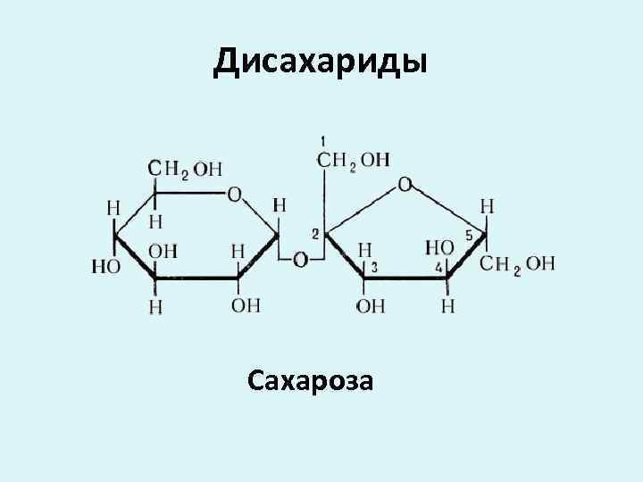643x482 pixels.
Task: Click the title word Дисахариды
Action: [x=321, y=62]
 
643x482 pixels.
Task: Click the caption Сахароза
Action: [x=312, y=382]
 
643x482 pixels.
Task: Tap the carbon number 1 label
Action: [x=322, y=141]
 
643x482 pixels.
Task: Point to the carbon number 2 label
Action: [x=315, y=234]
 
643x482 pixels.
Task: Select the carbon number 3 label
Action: [x=374, y=267]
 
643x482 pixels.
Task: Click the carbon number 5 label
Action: [x=469, y=236]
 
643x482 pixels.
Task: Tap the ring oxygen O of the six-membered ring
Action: [x=234, y=194]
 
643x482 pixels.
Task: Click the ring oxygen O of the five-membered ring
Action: [x=405, y=185]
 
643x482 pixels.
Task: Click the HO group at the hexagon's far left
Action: [x=106, y=266]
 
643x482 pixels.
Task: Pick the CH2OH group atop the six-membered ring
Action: [x=185, y=169]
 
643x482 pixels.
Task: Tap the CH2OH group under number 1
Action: [x=354, y=160]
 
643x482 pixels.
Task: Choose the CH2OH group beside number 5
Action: [x=517, y=263]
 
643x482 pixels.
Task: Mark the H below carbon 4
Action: [x=447, y=306]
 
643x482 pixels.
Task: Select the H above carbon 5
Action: [x=487, y=206]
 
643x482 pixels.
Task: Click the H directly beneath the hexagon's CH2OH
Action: [x=155, y=219]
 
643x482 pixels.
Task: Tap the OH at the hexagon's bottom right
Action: [x=246, y=305]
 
